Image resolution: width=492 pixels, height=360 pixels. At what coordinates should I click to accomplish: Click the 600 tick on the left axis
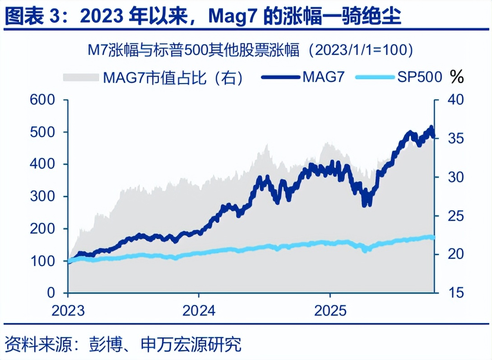coord(42,100)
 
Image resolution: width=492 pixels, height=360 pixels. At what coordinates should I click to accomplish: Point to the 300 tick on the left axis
coord(42,197)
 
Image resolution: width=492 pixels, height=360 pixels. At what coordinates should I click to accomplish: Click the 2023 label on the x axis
coord(68,311)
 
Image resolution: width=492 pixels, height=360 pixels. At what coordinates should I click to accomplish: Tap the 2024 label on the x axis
coord(199,311)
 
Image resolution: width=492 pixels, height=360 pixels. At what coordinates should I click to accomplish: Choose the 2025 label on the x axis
coord(330,311)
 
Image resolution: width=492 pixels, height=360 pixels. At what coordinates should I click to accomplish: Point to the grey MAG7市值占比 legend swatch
coord(81,77)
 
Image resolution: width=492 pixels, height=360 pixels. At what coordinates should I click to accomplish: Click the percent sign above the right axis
coord(457,77)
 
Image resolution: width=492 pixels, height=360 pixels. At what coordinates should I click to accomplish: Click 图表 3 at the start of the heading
coord(32,17)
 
